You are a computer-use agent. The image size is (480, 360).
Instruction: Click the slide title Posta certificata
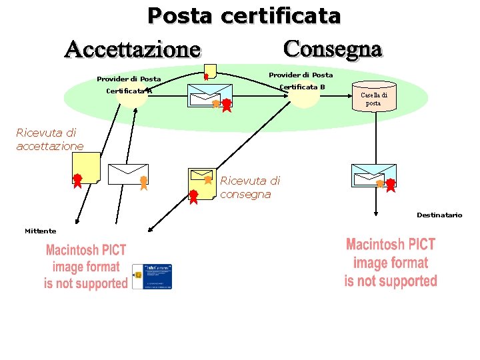point(243,15)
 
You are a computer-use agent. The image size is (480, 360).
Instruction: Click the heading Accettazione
point(132,49)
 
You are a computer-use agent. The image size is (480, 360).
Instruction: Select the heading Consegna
point(333,49)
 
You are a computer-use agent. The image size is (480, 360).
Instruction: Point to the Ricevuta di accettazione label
point(49,139)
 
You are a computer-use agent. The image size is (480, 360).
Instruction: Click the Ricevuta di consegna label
point(250,187)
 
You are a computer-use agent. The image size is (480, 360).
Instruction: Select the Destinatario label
point(439,215)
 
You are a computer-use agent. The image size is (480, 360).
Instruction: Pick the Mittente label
point(40,231)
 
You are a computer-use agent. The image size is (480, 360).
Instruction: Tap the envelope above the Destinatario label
point(373,175)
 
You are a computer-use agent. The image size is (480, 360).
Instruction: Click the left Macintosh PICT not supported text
point(85,267)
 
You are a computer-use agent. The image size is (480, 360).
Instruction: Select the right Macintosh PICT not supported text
point(390,263)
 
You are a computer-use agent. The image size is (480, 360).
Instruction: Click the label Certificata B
point(302,87)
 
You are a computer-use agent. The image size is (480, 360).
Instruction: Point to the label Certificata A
point(129,91)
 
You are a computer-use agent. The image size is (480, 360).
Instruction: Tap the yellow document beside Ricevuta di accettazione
point(87,168)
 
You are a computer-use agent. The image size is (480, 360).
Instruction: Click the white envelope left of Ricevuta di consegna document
point(128,174)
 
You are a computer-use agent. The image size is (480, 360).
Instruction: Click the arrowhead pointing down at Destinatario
point(377,214)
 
